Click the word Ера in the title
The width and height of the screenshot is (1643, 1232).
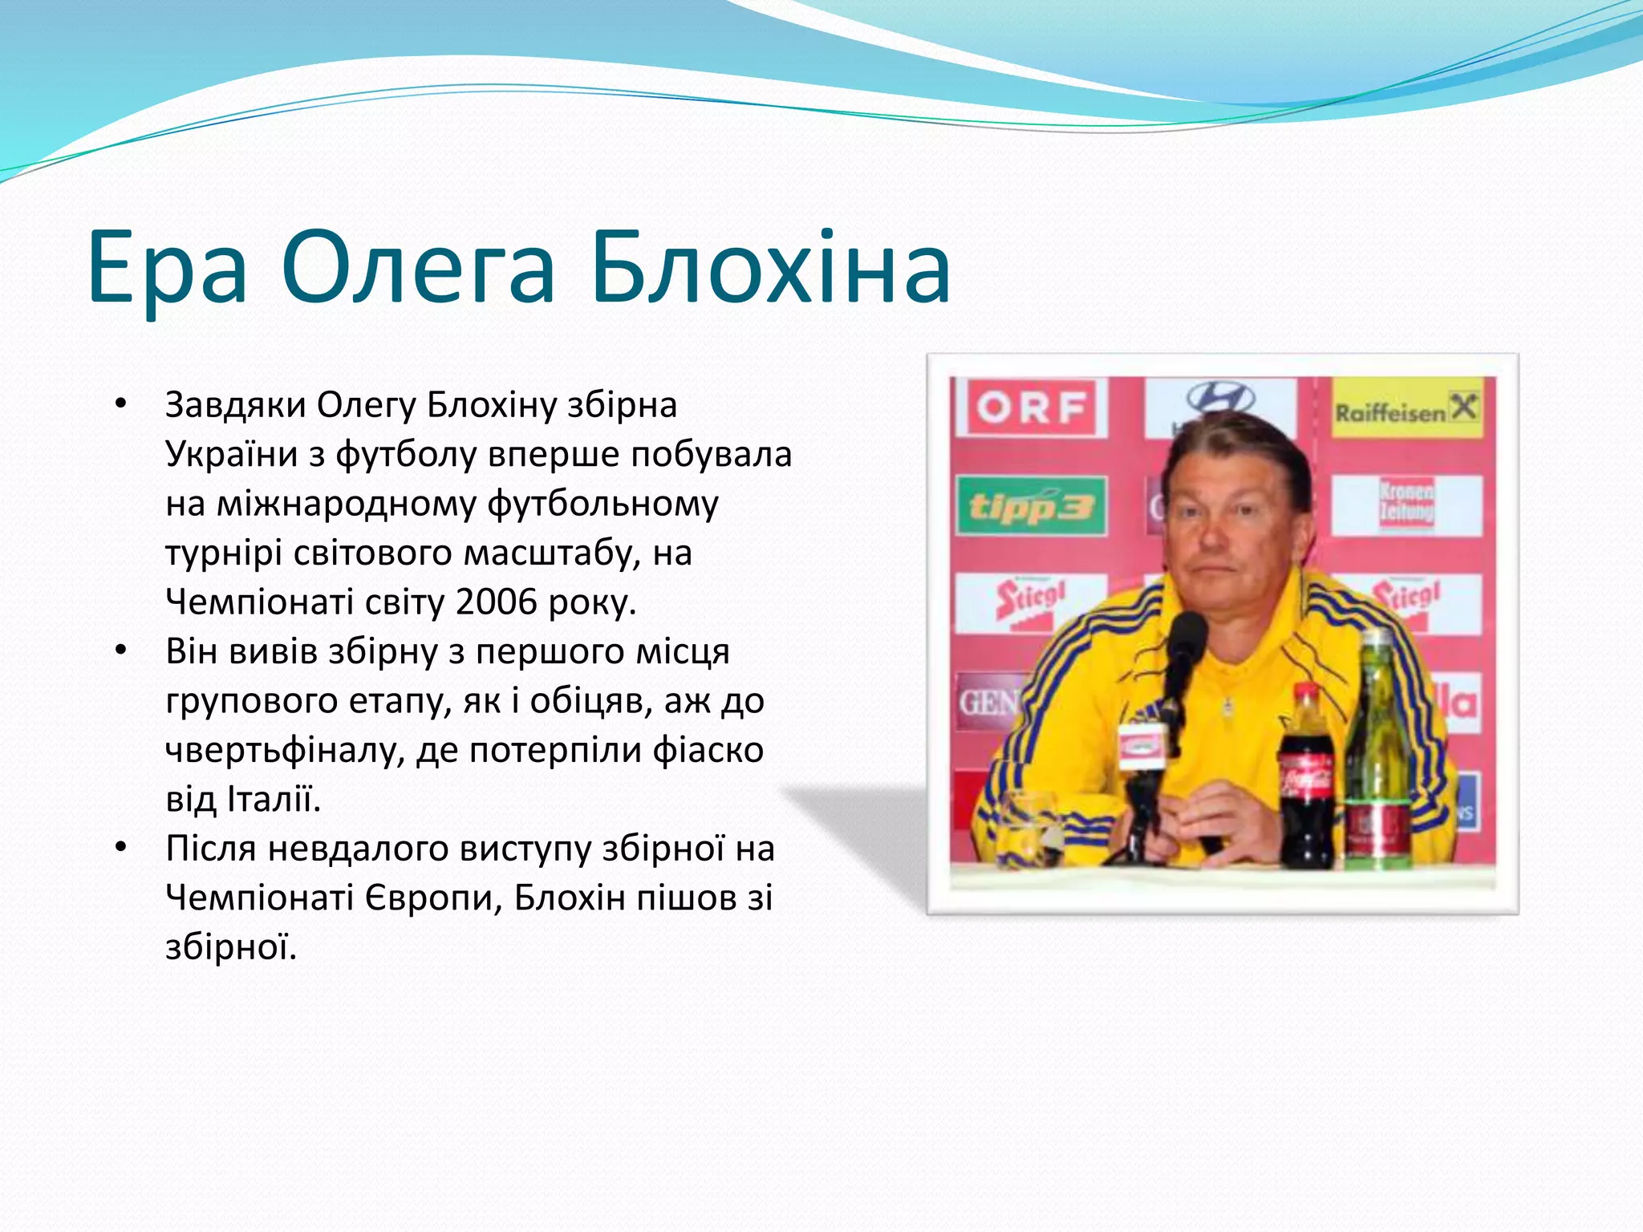tap(167, 269)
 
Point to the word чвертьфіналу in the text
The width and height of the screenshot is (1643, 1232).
tap(285, 751)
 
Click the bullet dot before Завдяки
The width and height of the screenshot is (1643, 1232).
tap(120, 404)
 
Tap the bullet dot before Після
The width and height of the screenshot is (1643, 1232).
tap(120, 848)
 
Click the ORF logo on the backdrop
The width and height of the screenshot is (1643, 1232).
tap(1032, 407)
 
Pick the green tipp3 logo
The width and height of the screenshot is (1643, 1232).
tap(1032, 507)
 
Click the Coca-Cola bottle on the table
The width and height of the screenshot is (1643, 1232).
tap(1305, 782)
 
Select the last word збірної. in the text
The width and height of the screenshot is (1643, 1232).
tap(231, 947)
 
